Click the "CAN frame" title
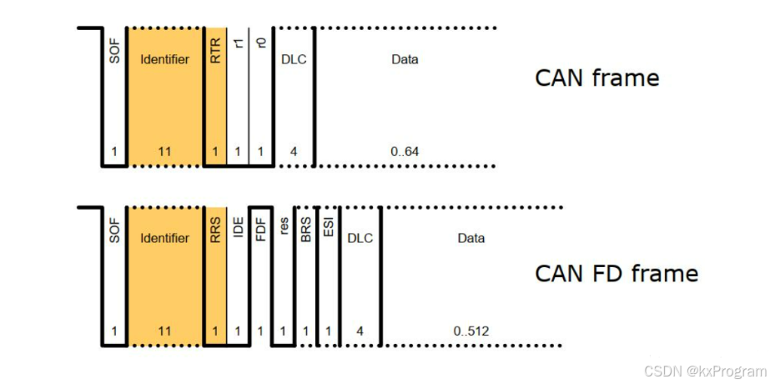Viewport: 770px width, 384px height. point(596,78)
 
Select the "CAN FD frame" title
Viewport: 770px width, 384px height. point(616,273)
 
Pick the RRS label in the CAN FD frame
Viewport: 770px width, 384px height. point(215,230)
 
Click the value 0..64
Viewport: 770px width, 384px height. point(405,152)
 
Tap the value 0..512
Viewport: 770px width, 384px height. point(471,331)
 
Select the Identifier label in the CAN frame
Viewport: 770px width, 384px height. point(165,59)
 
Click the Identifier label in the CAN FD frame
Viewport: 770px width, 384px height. point(165,238)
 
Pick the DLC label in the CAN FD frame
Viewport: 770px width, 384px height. point(360,238)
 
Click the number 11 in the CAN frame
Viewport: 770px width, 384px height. point(165,152)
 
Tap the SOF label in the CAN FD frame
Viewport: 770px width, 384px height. point(115,230)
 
